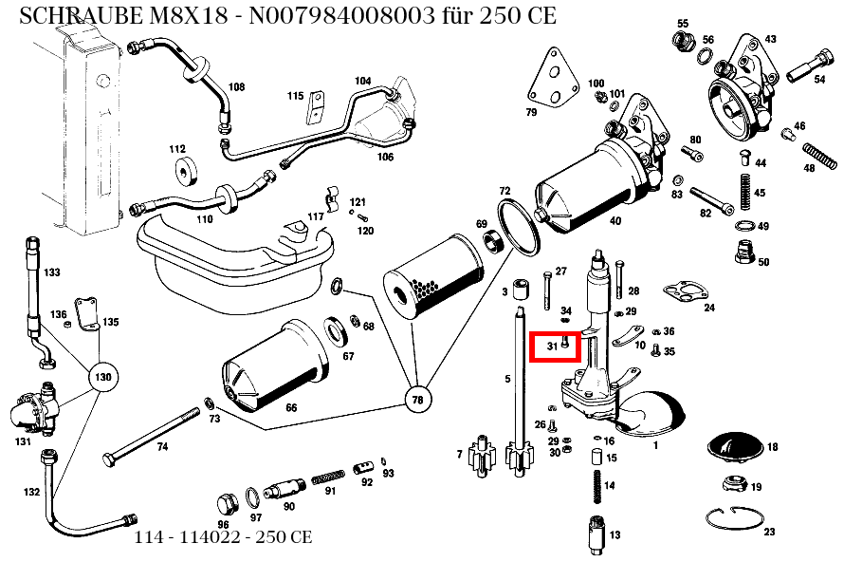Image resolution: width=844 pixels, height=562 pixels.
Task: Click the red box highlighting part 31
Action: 555,347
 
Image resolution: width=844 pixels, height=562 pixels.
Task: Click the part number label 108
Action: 236,87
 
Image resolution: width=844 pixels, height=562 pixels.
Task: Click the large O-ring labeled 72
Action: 517,225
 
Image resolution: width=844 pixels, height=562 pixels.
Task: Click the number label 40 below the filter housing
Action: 615,221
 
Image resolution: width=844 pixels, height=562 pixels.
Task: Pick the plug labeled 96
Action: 226,504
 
